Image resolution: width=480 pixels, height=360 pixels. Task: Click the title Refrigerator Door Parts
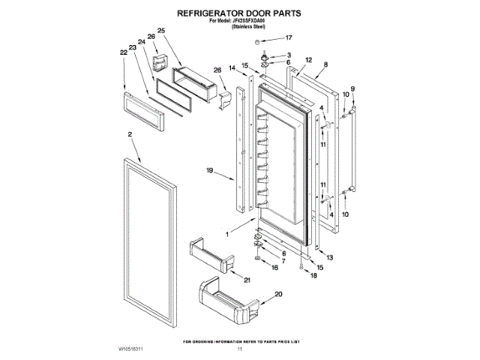coord(238,13)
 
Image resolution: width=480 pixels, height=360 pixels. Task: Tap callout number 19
coord(211,172)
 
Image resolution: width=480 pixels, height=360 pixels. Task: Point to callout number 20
coord(279,295)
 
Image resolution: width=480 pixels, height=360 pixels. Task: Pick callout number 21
coord(247,280)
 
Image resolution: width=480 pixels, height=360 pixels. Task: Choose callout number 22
coord(124,52)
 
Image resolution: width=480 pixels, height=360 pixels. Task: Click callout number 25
coord(160,31)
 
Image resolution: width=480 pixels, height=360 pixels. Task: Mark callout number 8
coord(326,66)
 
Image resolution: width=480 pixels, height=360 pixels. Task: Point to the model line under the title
coord(239,20)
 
